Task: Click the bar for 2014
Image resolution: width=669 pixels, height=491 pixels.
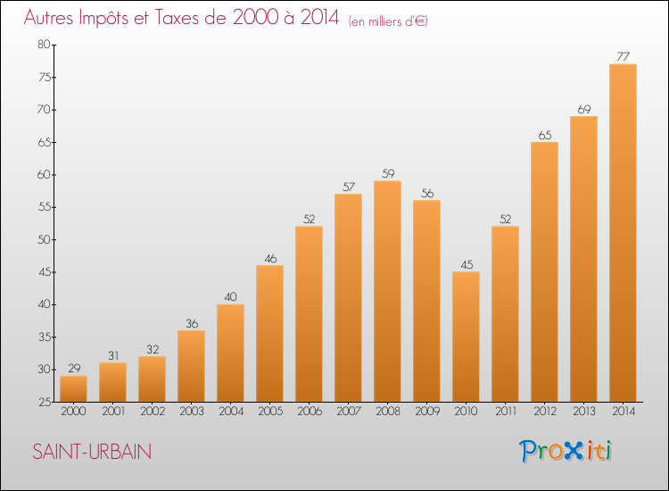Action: point(623,233)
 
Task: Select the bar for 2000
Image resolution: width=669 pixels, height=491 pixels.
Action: point(73,388)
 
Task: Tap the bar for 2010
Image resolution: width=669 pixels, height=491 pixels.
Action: point(466,337)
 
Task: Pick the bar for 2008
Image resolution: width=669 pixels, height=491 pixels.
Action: point(387,291)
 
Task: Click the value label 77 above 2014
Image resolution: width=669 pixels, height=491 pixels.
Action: point(623,57)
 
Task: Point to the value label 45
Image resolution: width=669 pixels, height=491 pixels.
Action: point(466,264)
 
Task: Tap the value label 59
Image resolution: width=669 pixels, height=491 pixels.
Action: point(387,174)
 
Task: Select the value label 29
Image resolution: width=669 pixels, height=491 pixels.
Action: point(73,369)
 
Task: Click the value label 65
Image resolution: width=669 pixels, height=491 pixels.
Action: point(544,135)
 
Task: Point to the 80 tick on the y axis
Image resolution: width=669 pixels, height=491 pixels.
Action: point(44,45)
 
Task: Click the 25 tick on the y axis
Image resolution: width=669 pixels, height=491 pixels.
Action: point(44,402)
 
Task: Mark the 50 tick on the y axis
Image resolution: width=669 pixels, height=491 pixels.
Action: point(44,239)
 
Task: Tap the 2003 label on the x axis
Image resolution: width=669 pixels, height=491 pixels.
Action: point(191,412)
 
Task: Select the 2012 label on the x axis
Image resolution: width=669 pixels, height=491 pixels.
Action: point(544,412)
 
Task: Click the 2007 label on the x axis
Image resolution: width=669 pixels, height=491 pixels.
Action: point(348,412)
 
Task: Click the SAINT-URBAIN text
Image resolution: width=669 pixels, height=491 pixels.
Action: point(92,453)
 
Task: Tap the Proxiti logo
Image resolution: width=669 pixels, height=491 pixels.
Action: point(566,451)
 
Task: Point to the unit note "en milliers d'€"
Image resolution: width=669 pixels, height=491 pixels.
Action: point(388,21)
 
